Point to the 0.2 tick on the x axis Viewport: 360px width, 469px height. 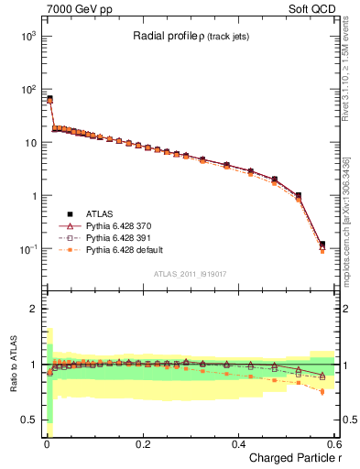click(142, 444)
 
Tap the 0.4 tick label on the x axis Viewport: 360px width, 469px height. click(239, 444)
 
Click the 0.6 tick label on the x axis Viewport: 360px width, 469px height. click(335, 444)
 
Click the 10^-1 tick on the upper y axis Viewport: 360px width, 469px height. click(29, 249)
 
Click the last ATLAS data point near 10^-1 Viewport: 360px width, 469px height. click(322, 245)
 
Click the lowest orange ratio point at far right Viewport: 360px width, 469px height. click(322, 392)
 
